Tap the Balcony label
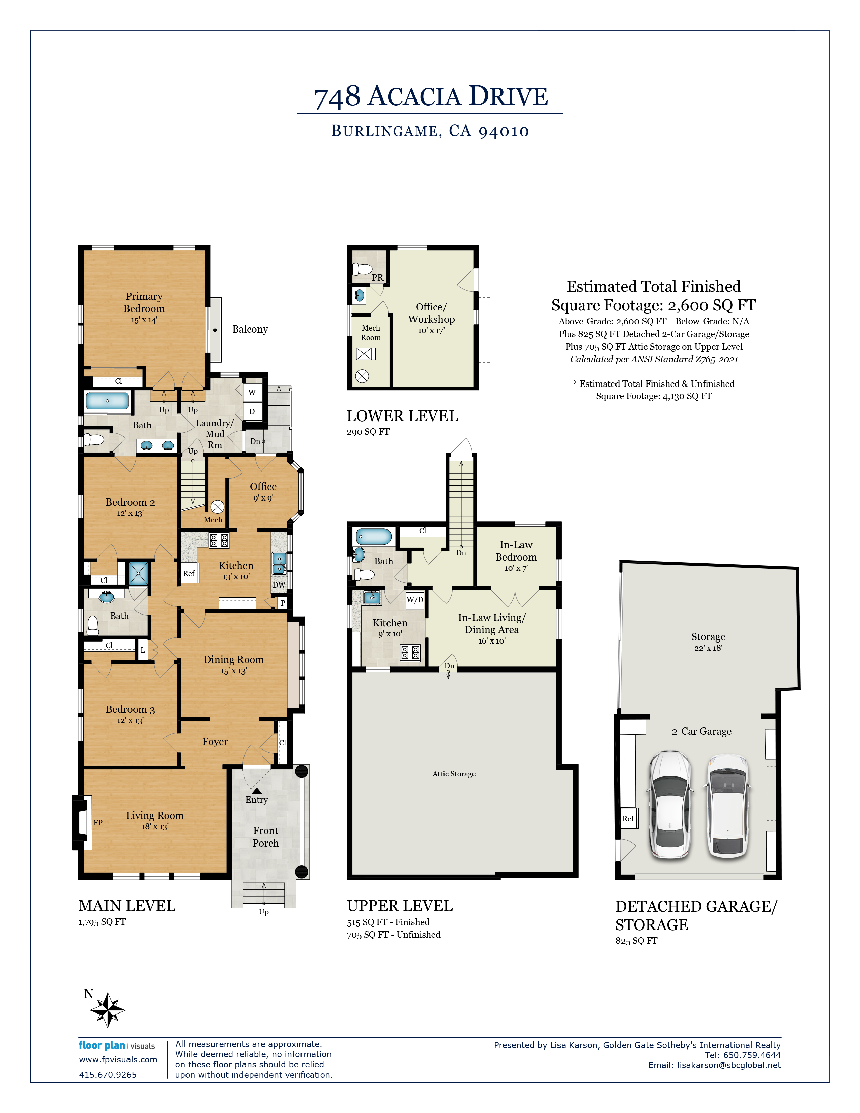click(250, 329)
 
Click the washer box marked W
click(252, 392)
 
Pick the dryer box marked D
click(252, 411)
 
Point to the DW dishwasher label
click(279, 584)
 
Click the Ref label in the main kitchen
click(189, 573)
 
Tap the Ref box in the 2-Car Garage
click(628, 819)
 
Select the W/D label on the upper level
click(415, 600)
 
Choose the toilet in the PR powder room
click(363, 268)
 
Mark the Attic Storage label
click(454, 774)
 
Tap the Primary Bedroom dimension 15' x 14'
click(144, 320)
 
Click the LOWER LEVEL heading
click(402, 416)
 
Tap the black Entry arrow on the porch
click(257, 791)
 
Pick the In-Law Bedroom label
click(516, 551)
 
